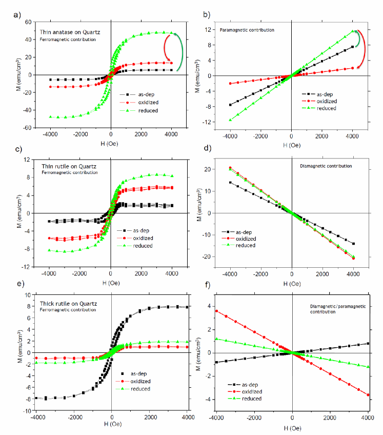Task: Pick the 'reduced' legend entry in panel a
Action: [149, 110]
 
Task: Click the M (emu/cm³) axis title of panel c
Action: [11, 213]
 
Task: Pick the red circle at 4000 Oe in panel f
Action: [368, 395]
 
